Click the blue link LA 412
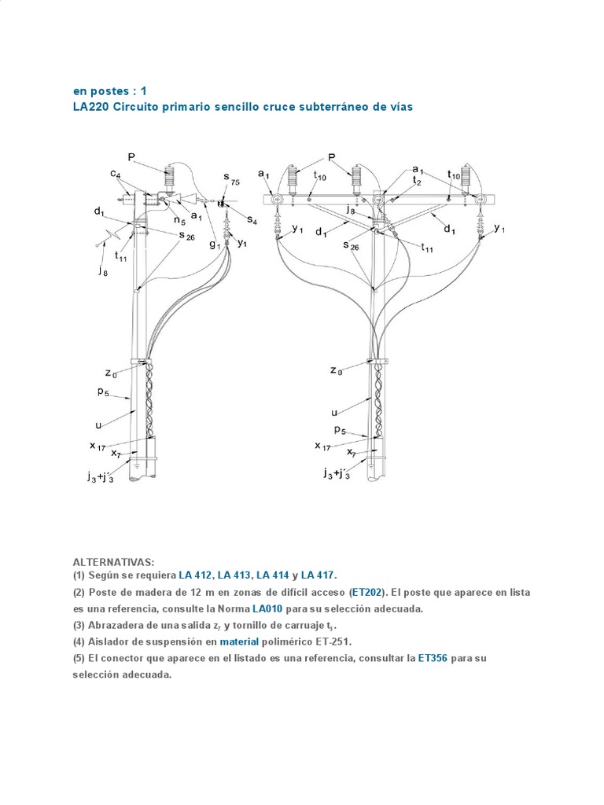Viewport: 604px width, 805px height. (x=196, y=575)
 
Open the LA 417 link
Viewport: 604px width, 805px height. (x=319, y=575)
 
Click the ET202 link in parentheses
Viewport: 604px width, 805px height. (x=367, y=592)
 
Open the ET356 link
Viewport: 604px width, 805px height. (x=432, y=658)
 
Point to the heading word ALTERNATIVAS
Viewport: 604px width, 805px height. (x=113, y=562)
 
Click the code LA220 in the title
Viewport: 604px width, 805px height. (x=91, y=106)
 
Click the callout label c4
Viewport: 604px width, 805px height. (x=115, y=174)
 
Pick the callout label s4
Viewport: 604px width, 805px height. (x=251, y=219)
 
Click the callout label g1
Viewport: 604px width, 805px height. (x=214, y=244)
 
